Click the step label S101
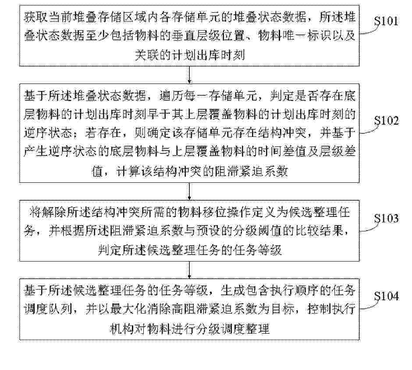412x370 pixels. coord(386,21)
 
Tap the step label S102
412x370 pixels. coord(386,121)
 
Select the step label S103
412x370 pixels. coord(386,218)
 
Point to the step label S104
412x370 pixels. coord(386,296)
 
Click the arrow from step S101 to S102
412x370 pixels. coord(189,75)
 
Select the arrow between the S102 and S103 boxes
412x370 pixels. coord(189,192)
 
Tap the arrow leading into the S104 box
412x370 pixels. coord(189,270)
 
